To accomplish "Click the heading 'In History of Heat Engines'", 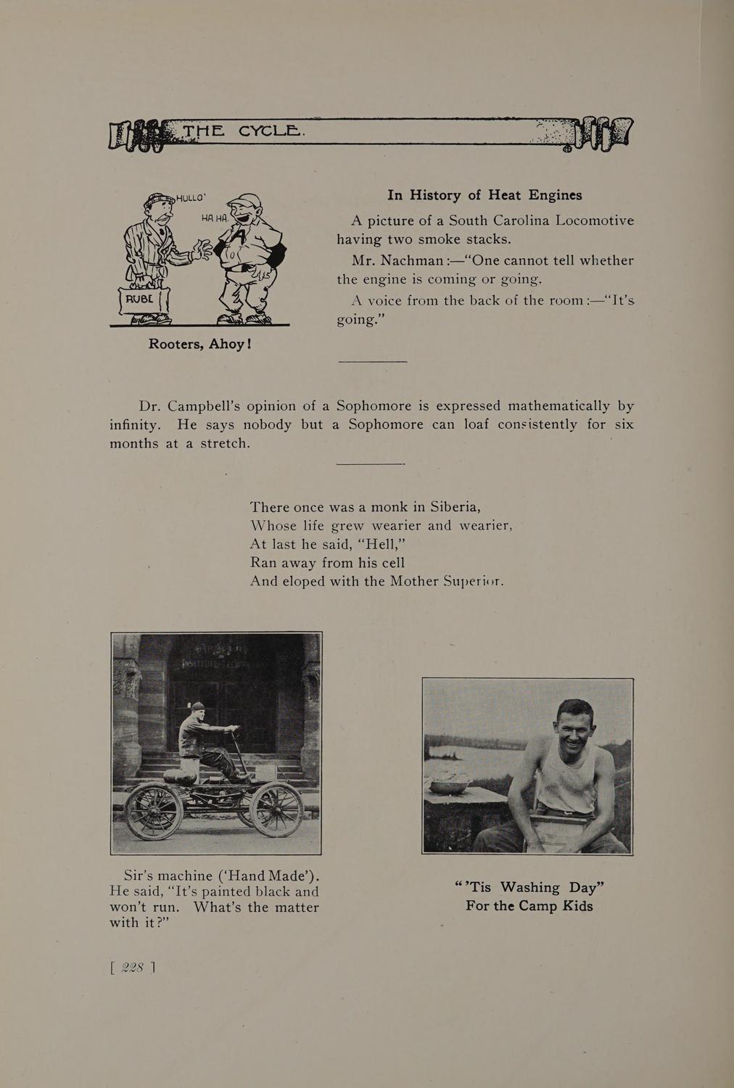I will (484, 195).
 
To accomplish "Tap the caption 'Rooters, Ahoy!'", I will (199, 343).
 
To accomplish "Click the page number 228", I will (134, 967).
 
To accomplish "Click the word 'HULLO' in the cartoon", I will (191, 196).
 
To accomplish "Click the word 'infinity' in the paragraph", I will (135, 424).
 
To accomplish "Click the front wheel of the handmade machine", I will (278, 809).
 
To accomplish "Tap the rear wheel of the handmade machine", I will (154, 811).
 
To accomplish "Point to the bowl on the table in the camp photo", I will (450, 786).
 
